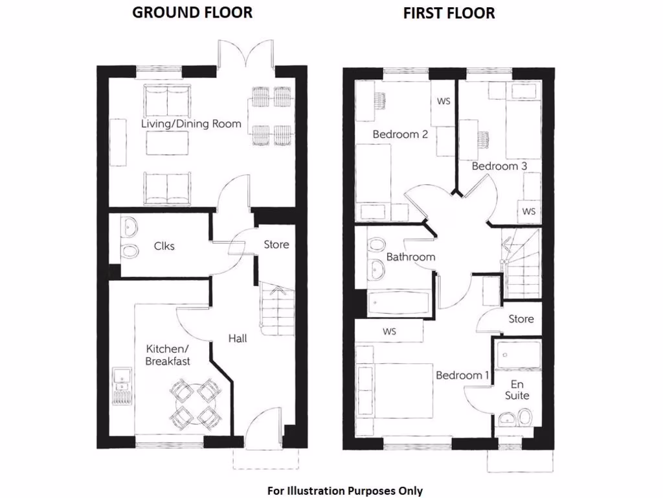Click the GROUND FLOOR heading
(x=192, y=12)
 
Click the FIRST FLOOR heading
(x=449, y=13)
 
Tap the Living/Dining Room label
(x=192, y=123)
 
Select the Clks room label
(x=164, y=246)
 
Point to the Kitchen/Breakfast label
(x=168, y=355)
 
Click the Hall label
(x=237, y=338)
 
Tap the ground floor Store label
(x=276, y=244)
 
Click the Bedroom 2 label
(x=400, y=135)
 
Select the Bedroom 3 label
(x=499, y=166)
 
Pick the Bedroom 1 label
(x=463, y=375)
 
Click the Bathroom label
(x=410, y=257)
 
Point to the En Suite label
(x=517, y=389)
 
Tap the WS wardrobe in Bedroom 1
(x=389, y=332)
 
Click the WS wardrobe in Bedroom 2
(x=444, y=102)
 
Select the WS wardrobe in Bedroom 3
(x=529, y=212)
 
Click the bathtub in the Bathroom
(x=398, y=302)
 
